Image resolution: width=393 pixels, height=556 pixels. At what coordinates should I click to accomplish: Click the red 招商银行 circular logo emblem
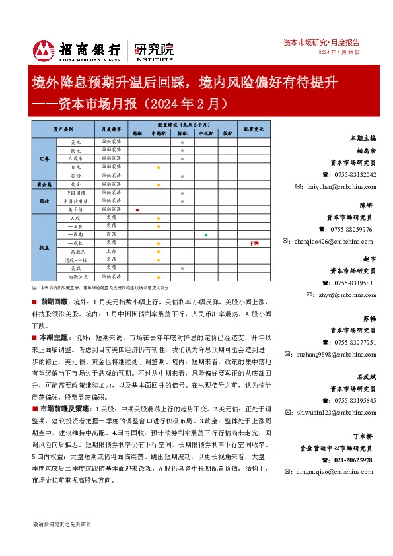click(44, 50)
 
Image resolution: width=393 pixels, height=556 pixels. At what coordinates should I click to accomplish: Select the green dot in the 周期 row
click(206, 234)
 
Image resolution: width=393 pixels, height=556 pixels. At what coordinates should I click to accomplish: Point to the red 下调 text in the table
click(253, 243)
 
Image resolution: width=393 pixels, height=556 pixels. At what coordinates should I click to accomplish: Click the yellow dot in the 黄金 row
click(159, 184)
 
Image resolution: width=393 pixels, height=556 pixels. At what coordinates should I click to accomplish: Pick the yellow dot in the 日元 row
click(159, 168)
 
